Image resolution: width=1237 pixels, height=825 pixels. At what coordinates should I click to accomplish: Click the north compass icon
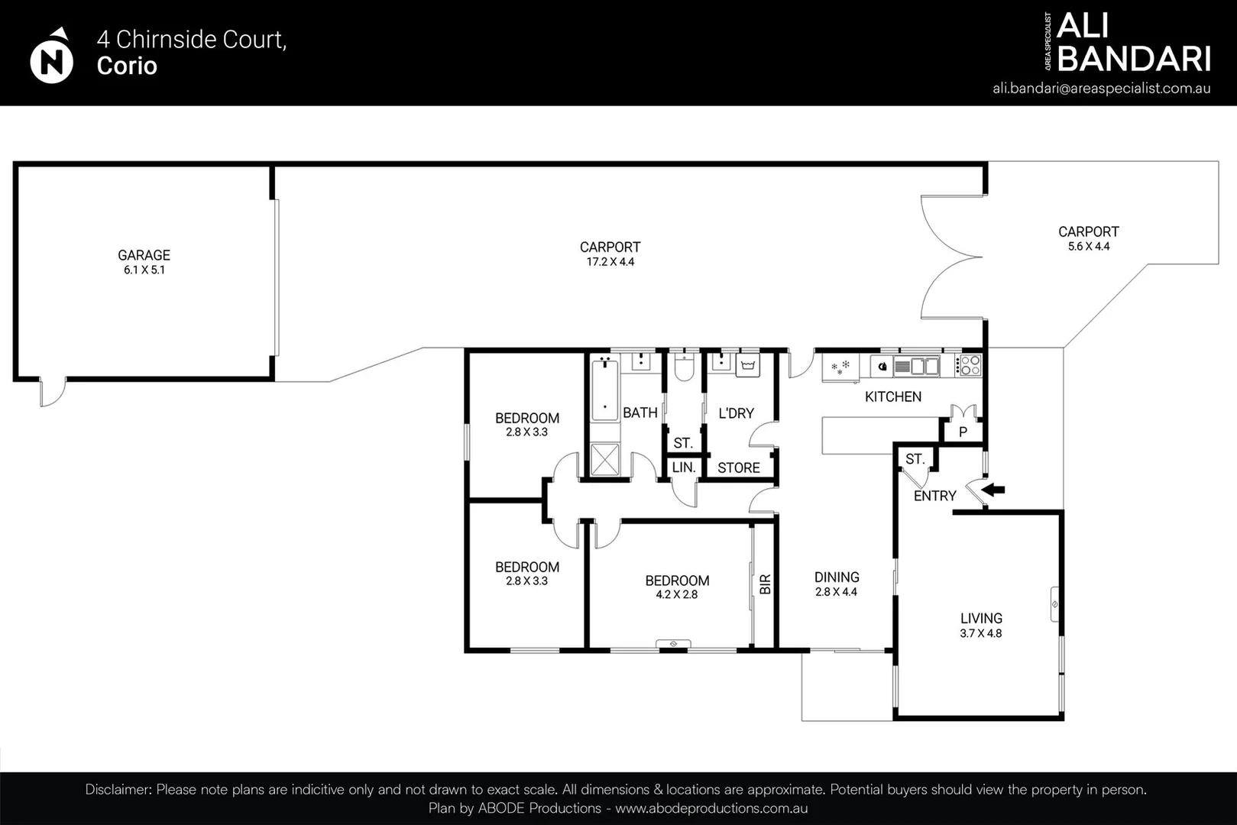(51, 57)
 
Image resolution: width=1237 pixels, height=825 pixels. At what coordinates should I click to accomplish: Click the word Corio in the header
(127, 66)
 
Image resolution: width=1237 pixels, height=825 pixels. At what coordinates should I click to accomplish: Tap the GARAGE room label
(144, 255)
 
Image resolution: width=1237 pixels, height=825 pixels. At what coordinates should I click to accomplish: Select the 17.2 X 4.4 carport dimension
(610, 262)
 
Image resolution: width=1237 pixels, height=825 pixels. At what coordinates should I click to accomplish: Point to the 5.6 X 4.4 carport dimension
(1089, 246)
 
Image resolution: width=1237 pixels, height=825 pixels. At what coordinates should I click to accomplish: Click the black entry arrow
(993, 489)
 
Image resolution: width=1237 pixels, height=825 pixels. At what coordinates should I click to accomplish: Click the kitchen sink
(917, 366)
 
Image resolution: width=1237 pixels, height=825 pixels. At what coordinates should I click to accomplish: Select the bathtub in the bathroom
(604, 390)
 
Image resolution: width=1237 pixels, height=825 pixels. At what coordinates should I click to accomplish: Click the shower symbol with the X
(604, 459)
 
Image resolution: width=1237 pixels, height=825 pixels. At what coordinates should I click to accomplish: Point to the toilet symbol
(685, 367)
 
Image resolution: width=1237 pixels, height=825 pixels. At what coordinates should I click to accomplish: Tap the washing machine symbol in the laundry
(748, 366)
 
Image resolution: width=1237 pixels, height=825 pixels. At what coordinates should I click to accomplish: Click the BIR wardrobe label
(765, 584)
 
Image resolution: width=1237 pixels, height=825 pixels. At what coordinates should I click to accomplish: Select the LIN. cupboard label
(684, 467)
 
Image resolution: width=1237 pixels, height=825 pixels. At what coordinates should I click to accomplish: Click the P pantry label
(963, 432)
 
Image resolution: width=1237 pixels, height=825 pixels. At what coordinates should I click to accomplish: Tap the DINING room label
(837, 577)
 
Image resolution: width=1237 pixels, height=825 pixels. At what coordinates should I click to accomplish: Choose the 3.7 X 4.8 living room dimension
(981, 633)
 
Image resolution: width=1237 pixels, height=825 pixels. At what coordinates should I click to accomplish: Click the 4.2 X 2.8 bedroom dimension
(676, 595)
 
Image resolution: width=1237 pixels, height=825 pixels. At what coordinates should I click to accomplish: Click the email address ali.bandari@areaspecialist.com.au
(1102, 89)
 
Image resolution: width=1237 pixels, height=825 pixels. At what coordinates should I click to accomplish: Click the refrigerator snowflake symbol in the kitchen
(840, 367)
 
